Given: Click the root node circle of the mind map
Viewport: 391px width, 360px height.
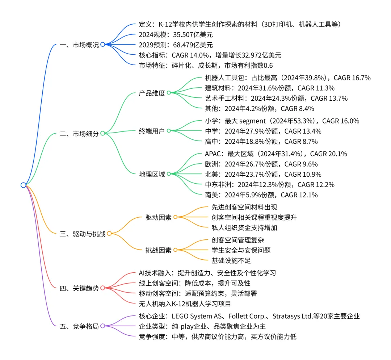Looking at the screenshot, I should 24,185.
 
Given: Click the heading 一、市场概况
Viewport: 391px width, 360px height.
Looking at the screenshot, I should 79,45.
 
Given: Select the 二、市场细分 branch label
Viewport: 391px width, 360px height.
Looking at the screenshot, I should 79,133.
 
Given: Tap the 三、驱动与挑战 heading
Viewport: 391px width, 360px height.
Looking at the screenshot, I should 82,234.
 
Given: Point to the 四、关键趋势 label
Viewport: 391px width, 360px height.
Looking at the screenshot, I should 79,288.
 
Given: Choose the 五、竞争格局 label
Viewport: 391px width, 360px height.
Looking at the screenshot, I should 79,326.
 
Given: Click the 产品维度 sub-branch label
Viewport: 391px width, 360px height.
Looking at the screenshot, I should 152,93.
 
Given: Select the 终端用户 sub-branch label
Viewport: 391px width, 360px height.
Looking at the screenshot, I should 152,131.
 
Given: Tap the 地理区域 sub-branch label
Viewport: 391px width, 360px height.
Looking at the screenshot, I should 152,174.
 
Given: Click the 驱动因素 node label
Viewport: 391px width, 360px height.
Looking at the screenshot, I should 158,217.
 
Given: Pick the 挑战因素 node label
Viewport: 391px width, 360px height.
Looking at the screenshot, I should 158,250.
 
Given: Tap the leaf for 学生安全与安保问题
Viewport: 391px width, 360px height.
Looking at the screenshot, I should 241,250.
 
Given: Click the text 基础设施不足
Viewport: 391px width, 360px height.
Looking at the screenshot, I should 231,260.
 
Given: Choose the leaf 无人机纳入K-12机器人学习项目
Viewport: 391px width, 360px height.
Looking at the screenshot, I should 185,304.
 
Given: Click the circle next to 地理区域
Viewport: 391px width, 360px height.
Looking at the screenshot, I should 169,174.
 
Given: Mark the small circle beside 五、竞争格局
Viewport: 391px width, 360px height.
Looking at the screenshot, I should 102,326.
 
